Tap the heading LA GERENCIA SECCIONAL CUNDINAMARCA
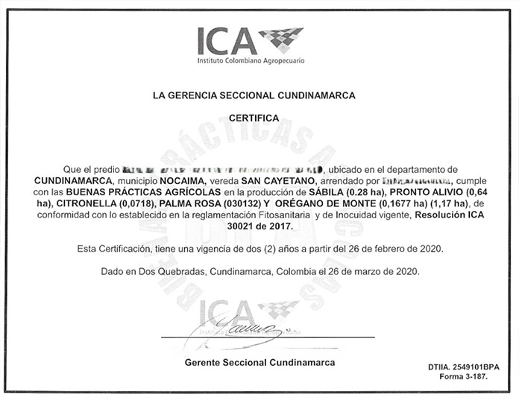[254, 96]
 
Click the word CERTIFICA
[254, 118]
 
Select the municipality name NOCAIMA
[174, 181]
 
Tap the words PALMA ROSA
[180, 203]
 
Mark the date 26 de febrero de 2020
[386, 248]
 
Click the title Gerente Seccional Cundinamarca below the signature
[259, 362]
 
